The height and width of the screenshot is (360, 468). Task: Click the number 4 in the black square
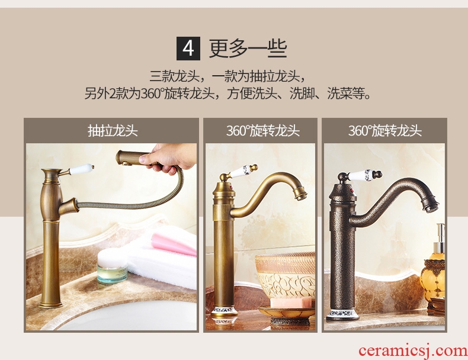point(188,49)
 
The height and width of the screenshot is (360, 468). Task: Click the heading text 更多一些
point(248,49)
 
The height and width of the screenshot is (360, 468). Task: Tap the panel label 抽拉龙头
point(113,131)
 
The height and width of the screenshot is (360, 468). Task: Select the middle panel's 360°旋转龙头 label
point(262,131)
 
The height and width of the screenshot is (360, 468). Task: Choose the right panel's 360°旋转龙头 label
point(384,131)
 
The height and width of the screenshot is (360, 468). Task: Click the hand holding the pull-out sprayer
point(171,158)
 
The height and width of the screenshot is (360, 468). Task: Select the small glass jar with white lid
point(112,266)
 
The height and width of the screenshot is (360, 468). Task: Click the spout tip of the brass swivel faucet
point(300,193)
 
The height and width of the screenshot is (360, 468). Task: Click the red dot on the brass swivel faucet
point(230,188)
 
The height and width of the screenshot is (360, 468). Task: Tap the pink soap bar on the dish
point(291,303)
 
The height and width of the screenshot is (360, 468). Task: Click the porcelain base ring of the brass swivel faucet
point(225,311)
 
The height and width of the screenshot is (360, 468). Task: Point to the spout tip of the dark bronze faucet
point(432,205)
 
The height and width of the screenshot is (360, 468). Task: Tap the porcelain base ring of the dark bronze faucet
point(342,314)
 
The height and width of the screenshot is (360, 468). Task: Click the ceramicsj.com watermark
point(413,351)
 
